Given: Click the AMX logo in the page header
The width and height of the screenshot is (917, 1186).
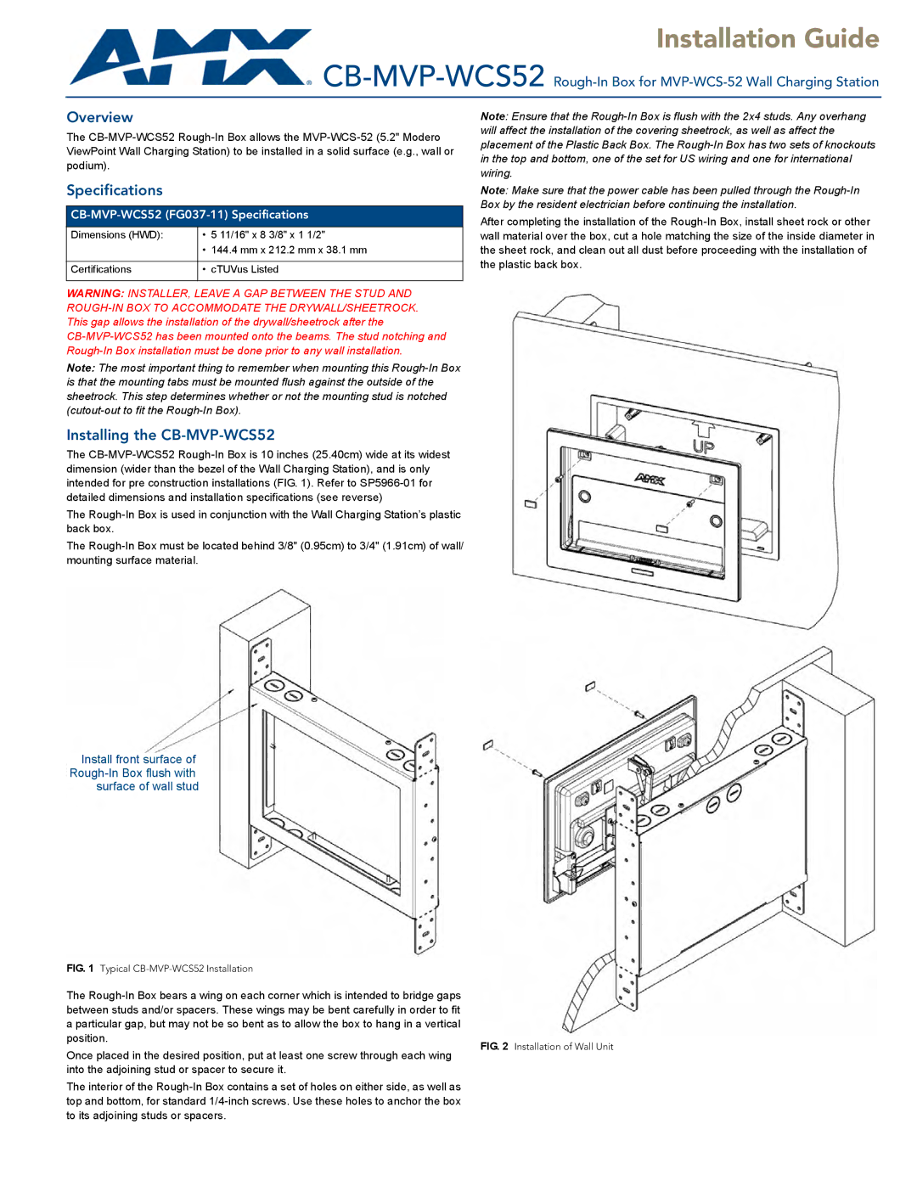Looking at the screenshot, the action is click(x=190, y=58).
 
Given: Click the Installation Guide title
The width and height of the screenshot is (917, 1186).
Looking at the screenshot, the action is click(x=768, y=38).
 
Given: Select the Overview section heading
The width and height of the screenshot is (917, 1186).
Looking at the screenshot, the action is click(x=99, y=117).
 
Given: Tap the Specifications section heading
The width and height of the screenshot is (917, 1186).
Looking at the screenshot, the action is click(x=115, y=190).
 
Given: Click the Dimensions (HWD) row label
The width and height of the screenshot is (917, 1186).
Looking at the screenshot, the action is click(x=117, y=234).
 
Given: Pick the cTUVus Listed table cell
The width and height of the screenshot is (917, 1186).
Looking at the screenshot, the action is click(x=245, y=269).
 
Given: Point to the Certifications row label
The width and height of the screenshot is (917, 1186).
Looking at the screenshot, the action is click(x=101, y=269).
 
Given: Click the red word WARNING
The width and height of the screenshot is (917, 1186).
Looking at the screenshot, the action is click(x=95, y=294).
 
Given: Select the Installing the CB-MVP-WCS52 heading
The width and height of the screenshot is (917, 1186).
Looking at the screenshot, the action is click(x=171, y=435).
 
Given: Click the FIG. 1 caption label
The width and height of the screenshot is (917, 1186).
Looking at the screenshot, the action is click(x=80, y=969).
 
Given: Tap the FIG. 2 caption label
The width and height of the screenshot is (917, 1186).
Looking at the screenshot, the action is click(x=494, y=1046).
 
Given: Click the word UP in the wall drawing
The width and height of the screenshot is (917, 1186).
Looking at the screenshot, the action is click(x=703, y=447).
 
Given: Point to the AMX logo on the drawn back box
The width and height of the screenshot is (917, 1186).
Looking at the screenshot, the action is click(x=650, y=480).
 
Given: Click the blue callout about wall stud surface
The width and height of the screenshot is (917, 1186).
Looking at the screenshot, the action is click(x=134, y=773).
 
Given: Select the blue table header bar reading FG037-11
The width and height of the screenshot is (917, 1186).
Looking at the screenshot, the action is click(x=265, y=215).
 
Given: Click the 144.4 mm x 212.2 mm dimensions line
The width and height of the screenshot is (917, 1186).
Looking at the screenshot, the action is click(x=289, y=250).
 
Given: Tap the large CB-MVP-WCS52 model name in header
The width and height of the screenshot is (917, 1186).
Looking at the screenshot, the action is click(x=434, y=76).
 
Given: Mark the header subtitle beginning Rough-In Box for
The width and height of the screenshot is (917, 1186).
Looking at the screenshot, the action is click(x=716, y=82).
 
